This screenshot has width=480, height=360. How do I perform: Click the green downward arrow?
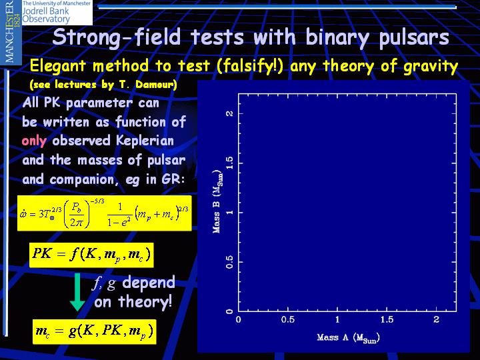[77, 293]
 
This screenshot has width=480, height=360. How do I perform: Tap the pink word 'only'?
[34, 141]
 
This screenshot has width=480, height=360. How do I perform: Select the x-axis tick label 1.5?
[387, 320]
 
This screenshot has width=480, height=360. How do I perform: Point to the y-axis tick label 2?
[229, 113]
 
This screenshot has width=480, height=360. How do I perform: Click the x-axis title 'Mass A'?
[333, 337]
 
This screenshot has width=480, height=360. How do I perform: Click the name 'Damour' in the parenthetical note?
[156, 85]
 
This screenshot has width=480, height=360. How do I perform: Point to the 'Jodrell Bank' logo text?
[46, 11]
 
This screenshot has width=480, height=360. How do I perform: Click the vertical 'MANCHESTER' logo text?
[9, 31]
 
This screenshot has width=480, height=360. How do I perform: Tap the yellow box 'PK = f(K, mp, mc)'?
[91, 255]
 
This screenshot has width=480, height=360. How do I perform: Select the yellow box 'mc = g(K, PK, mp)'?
[94, 331]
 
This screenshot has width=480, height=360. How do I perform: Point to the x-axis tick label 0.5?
[287, 320]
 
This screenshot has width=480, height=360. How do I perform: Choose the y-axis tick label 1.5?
[229, 163]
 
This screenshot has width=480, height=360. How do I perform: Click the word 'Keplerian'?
[145, 141]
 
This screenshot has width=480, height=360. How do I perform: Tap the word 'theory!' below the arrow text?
[145, 302]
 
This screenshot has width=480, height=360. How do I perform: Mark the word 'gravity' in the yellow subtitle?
[431, 67]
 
